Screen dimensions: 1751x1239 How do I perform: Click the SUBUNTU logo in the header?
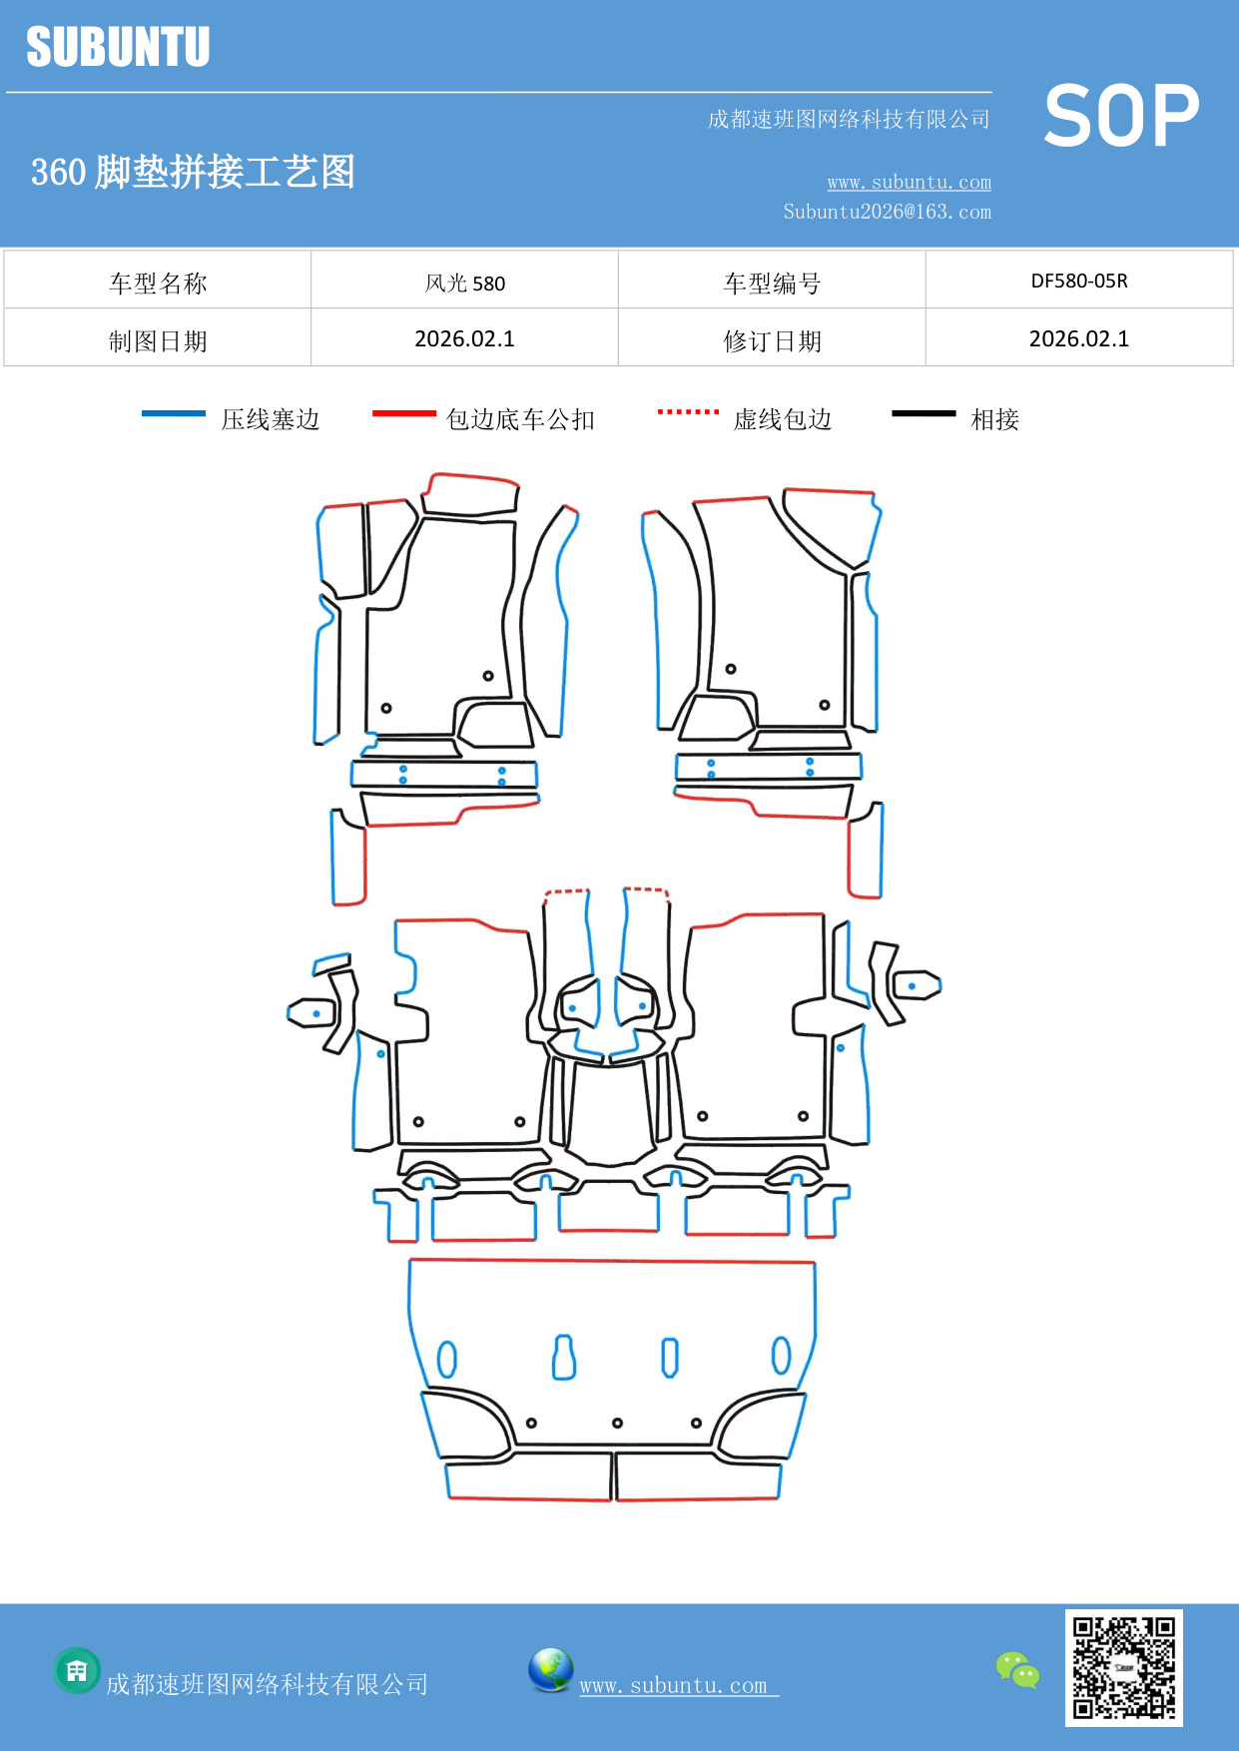pos(118,47)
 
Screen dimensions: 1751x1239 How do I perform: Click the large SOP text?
pos(1121,116)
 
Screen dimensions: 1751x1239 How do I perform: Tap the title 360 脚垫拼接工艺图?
pos(193,172)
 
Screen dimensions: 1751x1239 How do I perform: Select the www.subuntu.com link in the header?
pos(909,182)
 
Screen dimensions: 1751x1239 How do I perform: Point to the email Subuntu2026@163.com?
pos(887,212)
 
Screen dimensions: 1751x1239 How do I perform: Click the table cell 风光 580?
pos(464,283)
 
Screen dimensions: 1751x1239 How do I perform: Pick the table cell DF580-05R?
pos(1078,281)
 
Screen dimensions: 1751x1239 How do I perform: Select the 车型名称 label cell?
pos(158,283)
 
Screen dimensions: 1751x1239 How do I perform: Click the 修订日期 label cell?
pos(772,340)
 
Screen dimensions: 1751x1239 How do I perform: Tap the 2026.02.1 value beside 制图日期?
pos(464,338)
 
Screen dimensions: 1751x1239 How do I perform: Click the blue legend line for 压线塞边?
pos(173,413)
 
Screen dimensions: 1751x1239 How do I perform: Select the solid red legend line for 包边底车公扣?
pos(403,413)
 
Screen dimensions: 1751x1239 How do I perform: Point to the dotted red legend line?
pos(688,411)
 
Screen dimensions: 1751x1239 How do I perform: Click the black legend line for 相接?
pos(924,413)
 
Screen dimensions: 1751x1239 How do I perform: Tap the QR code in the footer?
pos(1123,1667)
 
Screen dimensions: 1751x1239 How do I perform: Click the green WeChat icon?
pos(1017,1669)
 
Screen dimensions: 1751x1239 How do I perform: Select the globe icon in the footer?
pos(550,1669)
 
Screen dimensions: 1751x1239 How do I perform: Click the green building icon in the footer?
pos(77,1670)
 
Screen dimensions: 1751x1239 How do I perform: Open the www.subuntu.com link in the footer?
pos(674,1685)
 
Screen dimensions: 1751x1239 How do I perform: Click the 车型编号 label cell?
pos(772,283)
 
